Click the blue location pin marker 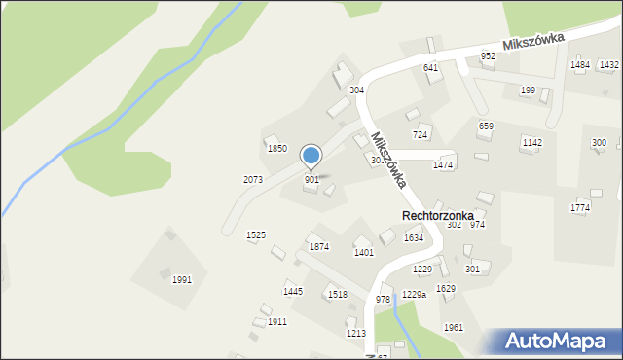[x=311, y=156]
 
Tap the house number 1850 [x=277, y=149]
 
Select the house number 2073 [x=253, y=180]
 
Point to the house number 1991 [x=182, y=280]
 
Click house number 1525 [x=256, y=235]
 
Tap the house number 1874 [x=319, y=247]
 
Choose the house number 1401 [x=364, y=253]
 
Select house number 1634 [x=414, y=238]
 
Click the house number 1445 [x=293, y=292]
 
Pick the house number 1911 [x=277, y=322]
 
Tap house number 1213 [x=356, y=334]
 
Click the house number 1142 [x=531, y=143]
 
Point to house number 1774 [x=580, y=208]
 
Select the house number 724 [x=421, y=134]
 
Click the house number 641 [x=430, y=68]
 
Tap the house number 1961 [x=454, y=328]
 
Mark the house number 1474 [x=444, y=166]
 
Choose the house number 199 [x=528, y=90]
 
